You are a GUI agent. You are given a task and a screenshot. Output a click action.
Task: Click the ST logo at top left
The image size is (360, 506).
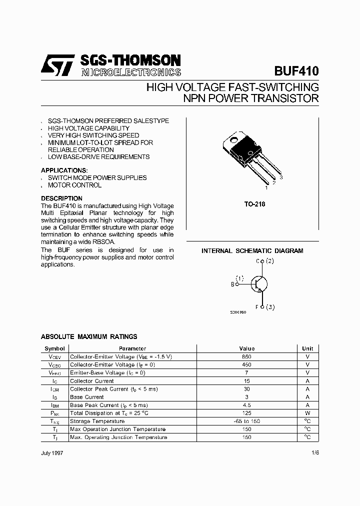point(57,65)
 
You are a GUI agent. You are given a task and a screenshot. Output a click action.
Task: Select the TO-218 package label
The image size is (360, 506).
point(255,204)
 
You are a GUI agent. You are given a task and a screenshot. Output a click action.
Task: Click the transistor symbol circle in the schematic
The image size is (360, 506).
point(259,284)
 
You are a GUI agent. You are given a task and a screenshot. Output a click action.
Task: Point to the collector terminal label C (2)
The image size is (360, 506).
point(265,261)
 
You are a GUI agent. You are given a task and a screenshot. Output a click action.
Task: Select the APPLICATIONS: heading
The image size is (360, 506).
point(64,170)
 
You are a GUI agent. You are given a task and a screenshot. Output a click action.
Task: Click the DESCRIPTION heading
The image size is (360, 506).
point(61,198)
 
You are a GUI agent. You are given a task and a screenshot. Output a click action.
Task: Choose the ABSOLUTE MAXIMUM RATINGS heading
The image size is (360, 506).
point(89,337)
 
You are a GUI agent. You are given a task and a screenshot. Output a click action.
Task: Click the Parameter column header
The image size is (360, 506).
point(132,348)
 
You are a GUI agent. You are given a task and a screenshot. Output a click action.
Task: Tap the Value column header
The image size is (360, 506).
point(247,348)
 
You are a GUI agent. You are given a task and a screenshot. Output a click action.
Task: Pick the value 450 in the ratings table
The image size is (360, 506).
point(247,364)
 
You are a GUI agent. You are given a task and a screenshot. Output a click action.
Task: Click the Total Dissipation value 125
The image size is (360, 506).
point(247,413)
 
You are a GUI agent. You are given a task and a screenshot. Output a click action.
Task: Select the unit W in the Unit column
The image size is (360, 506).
point(307,413)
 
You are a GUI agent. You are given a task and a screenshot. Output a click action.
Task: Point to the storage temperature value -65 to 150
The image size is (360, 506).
point(247,421)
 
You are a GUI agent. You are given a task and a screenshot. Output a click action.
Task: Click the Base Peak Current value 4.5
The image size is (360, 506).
point(247,405)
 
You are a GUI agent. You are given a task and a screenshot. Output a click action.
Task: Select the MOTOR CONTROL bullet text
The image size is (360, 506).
point(74,185)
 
